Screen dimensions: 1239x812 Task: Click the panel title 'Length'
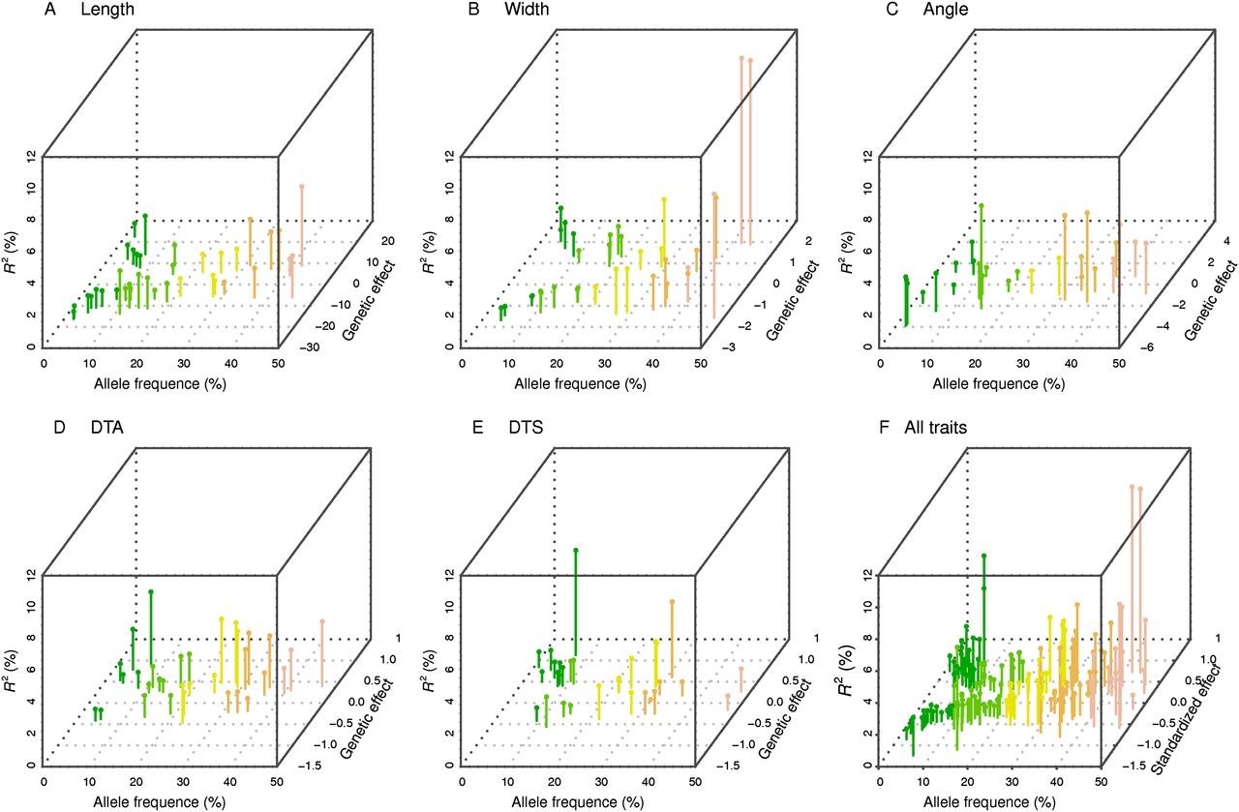[107, 10]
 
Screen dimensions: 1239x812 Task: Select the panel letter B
[473, 10]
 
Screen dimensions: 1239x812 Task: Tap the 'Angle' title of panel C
[946, 10]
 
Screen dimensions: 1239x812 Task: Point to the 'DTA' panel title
[107, 428]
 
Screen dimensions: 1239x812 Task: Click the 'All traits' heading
[936, 428]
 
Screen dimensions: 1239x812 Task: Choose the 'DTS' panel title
[526, 428]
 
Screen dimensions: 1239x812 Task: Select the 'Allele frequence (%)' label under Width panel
[580, 384]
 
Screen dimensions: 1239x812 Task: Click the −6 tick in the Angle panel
[1144, 347]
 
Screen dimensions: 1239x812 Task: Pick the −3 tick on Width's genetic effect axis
[729, 347]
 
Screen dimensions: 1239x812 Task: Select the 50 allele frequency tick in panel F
[1101, 782]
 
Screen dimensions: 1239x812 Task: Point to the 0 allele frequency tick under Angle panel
[880, 363]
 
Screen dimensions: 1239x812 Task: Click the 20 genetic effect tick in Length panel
[387, 241]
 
